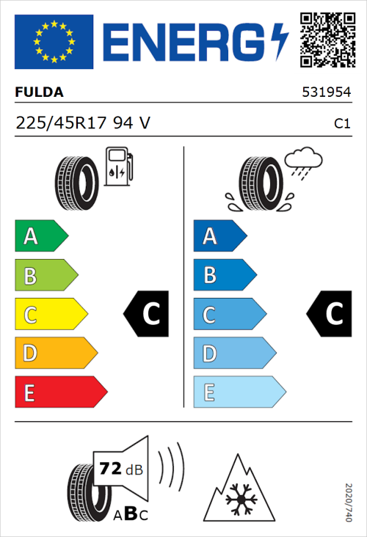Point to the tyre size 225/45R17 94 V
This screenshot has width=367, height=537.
[84, 123]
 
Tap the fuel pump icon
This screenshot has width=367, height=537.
[117, 167]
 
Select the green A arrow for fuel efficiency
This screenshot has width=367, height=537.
[40, 236]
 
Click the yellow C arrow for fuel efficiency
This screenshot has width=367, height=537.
[50, 314]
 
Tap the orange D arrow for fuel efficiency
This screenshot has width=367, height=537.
[55, 354]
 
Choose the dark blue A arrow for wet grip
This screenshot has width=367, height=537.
[219, 236]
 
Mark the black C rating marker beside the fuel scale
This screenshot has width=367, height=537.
[148, 314]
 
